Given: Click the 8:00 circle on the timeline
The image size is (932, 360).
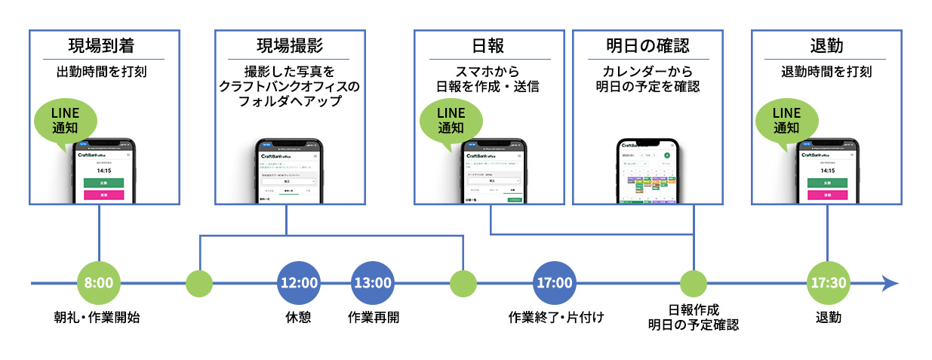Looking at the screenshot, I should (x=99, y=284).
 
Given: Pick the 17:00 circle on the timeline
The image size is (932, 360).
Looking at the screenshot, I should (x=555, y=284).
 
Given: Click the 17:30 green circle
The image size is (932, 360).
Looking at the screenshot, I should (x=829, y=284).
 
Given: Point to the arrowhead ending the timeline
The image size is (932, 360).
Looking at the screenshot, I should (x=890, y=284).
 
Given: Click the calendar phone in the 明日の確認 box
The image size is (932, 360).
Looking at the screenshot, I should (x=648, y=171).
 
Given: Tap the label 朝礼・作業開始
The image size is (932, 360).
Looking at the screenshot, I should (x=97, y=317).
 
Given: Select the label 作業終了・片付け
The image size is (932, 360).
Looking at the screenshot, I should (x=556, y=317).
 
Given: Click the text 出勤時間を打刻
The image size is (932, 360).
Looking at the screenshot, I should (x=103, y=72).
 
